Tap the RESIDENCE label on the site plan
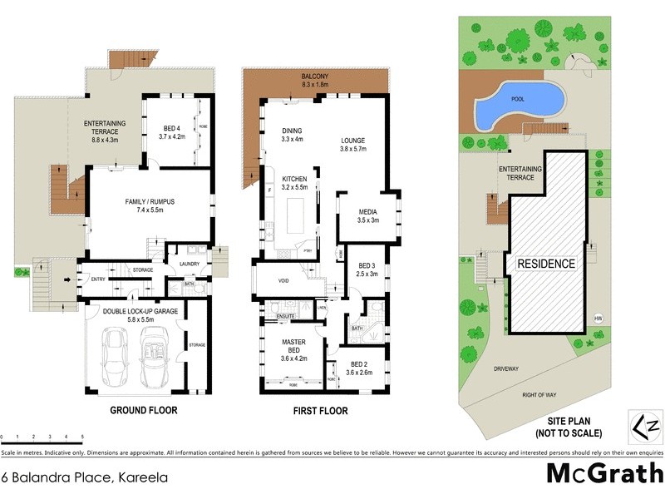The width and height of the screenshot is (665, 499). [546, 264]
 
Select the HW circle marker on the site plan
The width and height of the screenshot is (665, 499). [597, 318]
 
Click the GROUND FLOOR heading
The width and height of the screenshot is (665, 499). [143, 411]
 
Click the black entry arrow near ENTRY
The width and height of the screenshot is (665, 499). [68, 279]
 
